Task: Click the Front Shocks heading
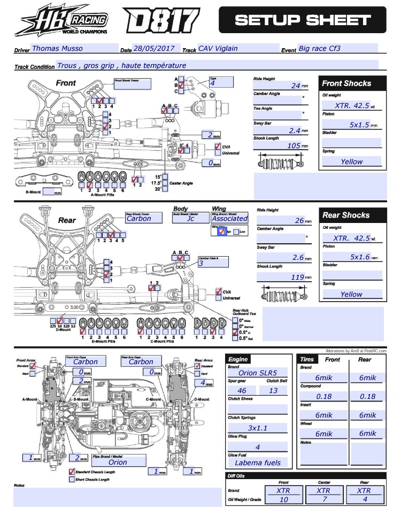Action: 346,83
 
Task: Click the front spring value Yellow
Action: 351,161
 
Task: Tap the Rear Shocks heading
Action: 346,215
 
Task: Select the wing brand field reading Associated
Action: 229,218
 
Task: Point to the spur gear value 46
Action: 242,391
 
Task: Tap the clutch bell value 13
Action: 273,391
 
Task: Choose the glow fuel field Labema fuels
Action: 258,463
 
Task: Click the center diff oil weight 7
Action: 323,499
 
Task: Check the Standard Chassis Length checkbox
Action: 72,472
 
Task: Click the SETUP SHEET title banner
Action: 302,20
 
